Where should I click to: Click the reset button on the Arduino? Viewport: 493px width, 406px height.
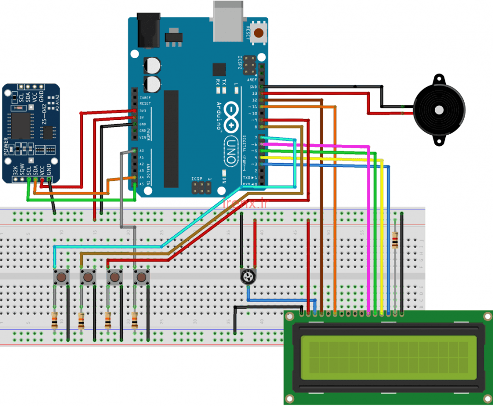260,33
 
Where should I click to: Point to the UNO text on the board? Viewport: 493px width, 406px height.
234,147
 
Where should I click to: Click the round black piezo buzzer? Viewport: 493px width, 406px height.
439,110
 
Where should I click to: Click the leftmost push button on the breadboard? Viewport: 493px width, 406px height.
61,278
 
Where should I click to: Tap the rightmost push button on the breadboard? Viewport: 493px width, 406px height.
142,278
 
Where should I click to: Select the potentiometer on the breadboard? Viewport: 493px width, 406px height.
248,277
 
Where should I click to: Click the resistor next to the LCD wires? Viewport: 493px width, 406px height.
395,239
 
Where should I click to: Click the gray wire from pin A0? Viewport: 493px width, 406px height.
120,192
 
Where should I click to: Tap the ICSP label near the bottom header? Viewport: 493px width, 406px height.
197,179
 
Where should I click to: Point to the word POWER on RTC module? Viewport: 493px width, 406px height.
6,146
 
